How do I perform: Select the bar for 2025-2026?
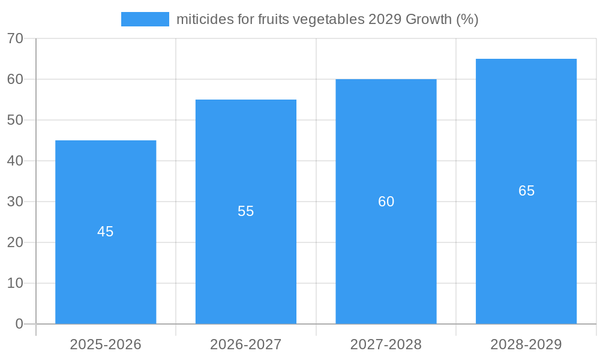pyautogui.click(x=106, y=264)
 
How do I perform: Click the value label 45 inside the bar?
pyautogui.click(x=106, y=232)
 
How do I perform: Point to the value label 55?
pyautogui.click(x=246, y=211)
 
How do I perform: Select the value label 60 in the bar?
pyautogui.click(x=386, y=202)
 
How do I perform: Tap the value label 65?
pyautogui.click(x=526, y=191)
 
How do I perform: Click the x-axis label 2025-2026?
pyautogui.click(x=106, y=344)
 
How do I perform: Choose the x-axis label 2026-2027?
pyautogui.click(x=246, y=344)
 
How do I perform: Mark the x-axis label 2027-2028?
pyautogui.click(x=386, y=344)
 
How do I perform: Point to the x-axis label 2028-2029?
pyautogui.click(x=526, y=344)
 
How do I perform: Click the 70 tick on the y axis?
pyautogui.click(x=15, y=38)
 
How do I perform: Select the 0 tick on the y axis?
pyautogui.click(x=19, y=324)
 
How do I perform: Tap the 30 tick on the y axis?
pyautogui.click(x=15, y=202)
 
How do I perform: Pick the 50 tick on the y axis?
pyautogui.click(x=15, y=120)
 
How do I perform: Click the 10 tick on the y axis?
pyautogui.click(x=15, y=283)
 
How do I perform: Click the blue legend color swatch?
pyautogui.click(x=145, y=19)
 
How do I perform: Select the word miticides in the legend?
pyautogui.click(x=200, y=19)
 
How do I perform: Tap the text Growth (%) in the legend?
pyautogui.click(x=442, y=19)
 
